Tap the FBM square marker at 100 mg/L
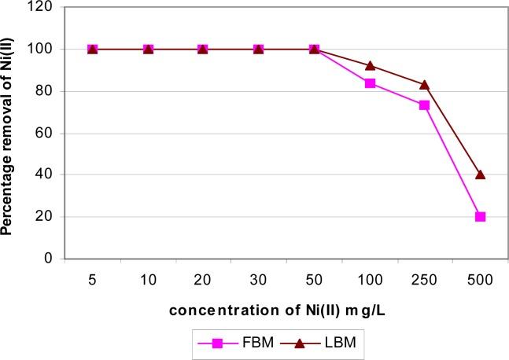pyautogui.click(x=369, y=83)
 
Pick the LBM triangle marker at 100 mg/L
pyautogui.click(x=369, y=66)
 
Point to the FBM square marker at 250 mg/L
pyautogui.click(x=425, y=105)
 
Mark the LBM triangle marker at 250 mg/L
pyautogui.click(x=425, y=85)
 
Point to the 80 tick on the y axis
pyautogui.click(x=46, y=91)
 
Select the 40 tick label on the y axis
pyautogui.click(x=46, y=174)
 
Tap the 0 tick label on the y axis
pyautogui.click(x=50, y=258)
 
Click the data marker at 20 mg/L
pyautogui.click(x=203, y=50)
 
